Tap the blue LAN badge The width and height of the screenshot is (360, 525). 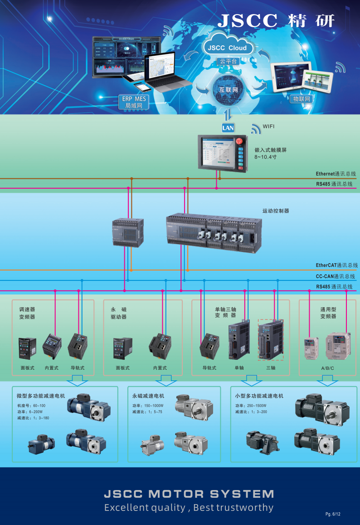tap(228, 128)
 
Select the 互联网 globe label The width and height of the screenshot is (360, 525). tap(229, 90)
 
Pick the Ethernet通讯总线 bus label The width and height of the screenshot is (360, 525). tap(336, 174)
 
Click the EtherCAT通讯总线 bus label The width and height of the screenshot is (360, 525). tap(336, 265)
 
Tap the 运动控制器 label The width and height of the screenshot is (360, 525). tap(276, 211)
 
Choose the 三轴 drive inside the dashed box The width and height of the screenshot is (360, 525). tap(270, 340)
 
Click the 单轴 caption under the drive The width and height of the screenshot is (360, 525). tap(239, 368)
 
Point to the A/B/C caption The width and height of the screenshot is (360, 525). tap(327, 368)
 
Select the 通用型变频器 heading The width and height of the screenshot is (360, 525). tap(328, 313)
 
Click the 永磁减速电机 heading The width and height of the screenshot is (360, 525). tap(148, 396)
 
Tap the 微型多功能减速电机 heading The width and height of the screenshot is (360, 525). tap(41, 396)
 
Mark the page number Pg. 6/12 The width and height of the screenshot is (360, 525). tap(332, 514)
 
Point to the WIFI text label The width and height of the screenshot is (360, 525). tap(268, 127)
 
